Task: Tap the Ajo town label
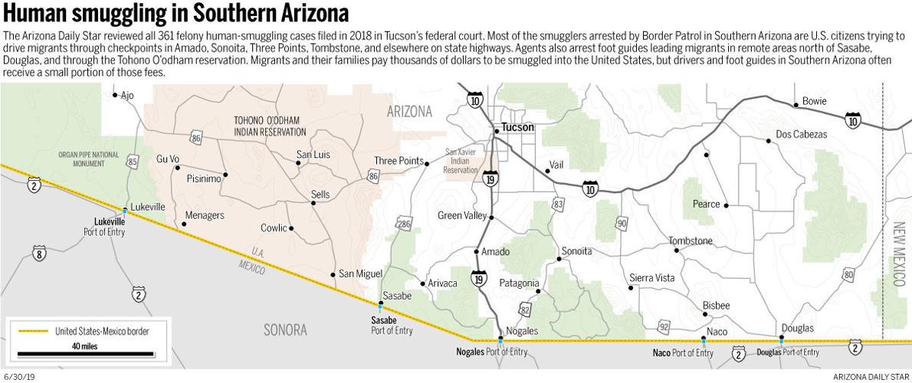coord(127,95)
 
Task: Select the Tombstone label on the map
coord(690,241)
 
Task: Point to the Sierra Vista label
coord(651,278)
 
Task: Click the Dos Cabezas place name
coord(801,134)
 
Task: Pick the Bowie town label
coord(814,101)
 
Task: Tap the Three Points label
coord(399,161)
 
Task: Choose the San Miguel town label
coord(360,274)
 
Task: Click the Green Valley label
coord(461,215)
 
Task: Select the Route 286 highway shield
coord(404,224)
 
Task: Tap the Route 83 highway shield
coord(558,204)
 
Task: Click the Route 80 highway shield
coord(848,274)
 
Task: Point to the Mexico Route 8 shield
coord(38,254)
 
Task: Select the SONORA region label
coord(285,330)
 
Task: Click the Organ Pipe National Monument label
coord(89,159)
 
